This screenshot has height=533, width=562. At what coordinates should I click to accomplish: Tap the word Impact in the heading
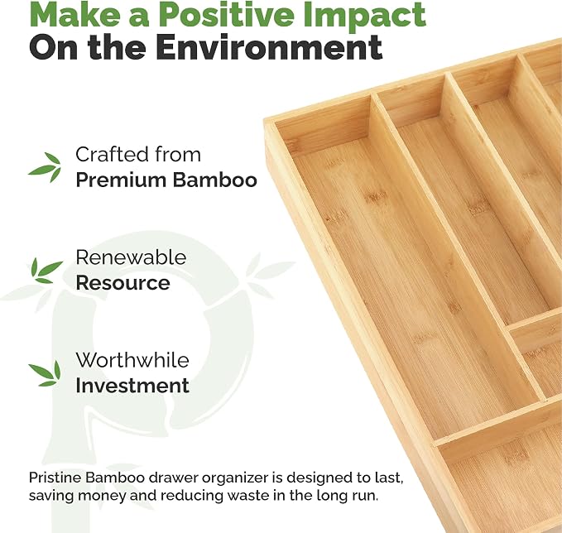(x=364, y=15)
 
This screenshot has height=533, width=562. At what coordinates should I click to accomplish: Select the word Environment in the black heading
(x=269, y=47)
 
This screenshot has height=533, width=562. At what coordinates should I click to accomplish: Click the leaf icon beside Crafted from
(x=46, y=167)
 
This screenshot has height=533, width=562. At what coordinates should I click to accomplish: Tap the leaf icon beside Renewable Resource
(x=46, y=271)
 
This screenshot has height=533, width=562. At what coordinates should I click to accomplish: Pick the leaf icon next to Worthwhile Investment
(x=45, y=374)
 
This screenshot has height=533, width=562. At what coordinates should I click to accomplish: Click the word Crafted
(x=113, y=155)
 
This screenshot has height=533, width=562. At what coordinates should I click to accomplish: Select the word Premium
(x=122, y=180)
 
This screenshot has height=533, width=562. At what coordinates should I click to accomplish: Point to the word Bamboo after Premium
(x=215, y=180)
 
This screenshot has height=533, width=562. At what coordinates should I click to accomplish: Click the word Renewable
(x=131, y=257)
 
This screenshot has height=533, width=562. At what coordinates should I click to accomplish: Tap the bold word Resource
(x=123, y=283)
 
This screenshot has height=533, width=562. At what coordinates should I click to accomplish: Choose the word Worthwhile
(x=132, y=360)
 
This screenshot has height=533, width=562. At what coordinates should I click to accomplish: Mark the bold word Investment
(x=132, y=386)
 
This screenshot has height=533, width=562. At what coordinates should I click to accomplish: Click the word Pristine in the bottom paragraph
(x=55, y=478)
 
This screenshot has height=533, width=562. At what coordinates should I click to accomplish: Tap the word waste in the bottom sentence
(x=248, y=496)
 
